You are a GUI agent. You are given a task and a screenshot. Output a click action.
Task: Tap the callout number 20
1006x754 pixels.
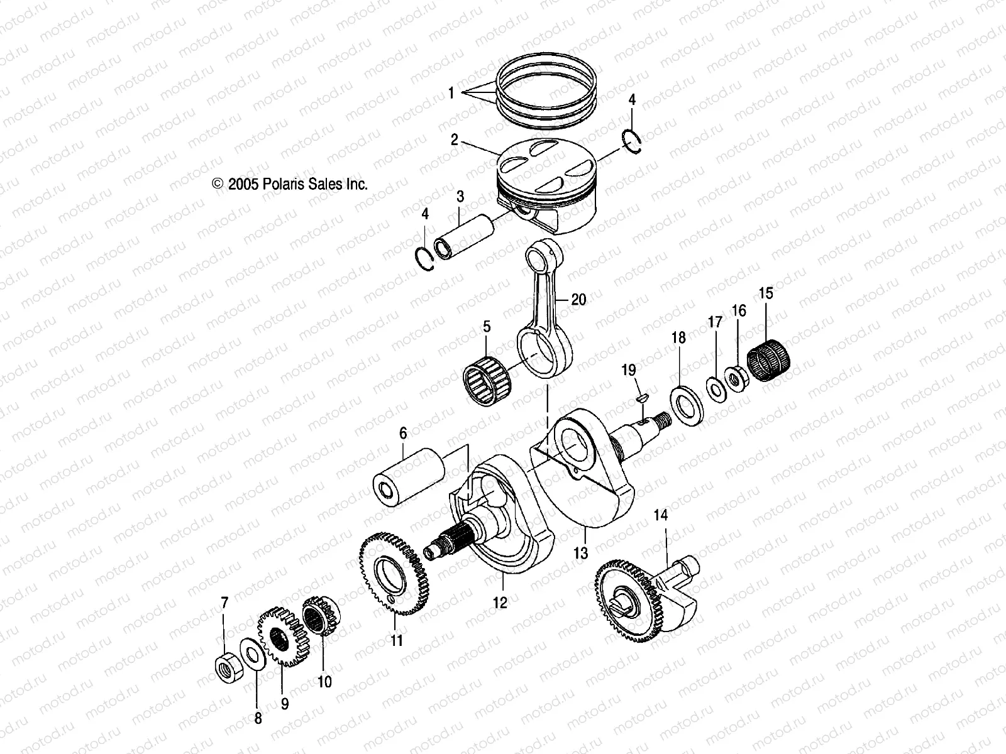(x=578, y=300)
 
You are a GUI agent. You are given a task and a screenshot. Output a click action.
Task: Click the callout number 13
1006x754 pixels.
(x=581, y=553)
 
